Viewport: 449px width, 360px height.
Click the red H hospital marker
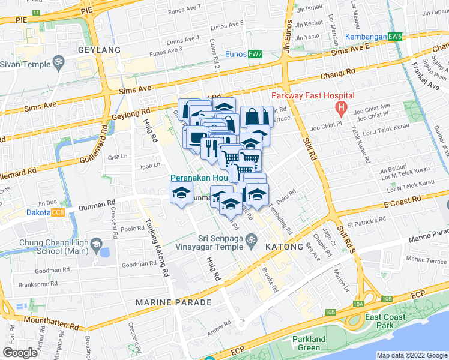[341, 109]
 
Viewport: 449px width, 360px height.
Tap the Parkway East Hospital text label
[313, 96]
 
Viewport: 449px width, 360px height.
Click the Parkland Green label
[309, 343]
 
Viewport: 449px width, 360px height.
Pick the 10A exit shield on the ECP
[358, 305]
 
